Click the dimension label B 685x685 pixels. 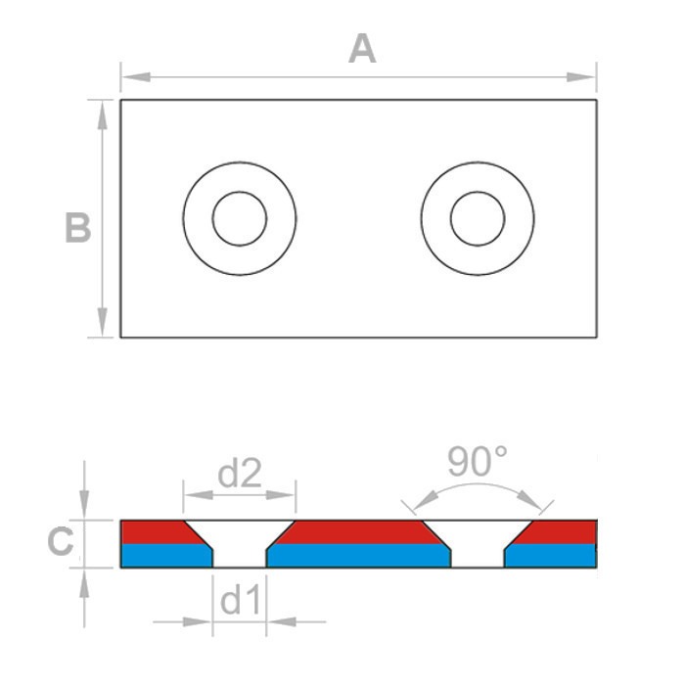(77, 228)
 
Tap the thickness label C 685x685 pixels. (61, 542)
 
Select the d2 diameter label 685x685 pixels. (241, 475)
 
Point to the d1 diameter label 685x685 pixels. (241, 601)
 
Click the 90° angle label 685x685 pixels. (478, 462)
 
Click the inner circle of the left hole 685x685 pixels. (240, 218)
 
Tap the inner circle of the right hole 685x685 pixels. (478, 218)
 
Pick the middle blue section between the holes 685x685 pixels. (357, 556)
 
